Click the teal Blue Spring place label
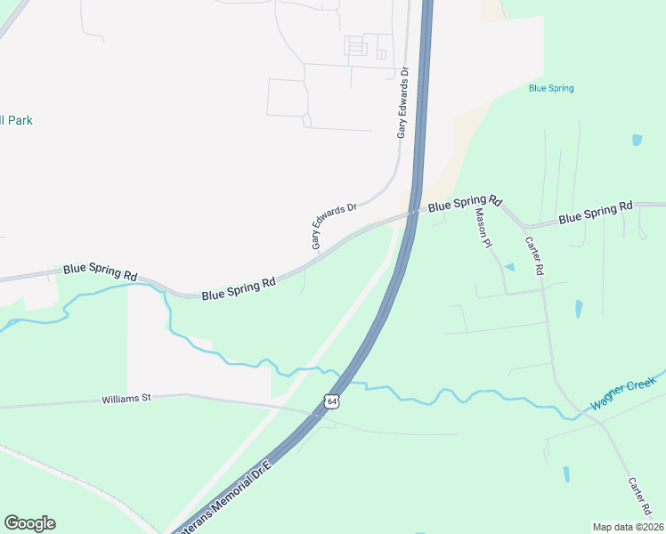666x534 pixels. coord(550,88)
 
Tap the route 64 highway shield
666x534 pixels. coord(332,401)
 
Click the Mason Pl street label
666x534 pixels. coord(483,227)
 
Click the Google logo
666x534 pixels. coord(29,523)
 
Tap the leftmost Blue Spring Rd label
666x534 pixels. coord(100,272)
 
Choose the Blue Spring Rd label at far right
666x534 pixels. coord(595,213)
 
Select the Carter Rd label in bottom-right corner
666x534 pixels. coord(641,499)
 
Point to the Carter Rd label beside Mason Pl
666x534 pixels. coord(533,255)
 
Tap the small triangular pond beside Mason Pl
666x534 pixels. coord(509,266)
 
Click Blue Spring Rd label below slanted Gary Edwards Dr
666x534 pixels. coord(238,288)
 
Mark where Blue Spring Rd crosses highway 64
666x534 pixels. coord(414,213)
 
